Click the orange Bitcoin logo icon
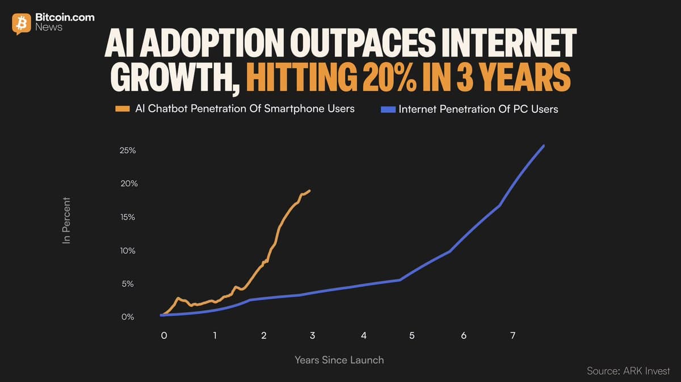22,23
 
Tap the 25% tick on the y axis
127,151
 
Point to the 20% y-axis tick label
127,184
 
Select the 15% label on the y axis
127,217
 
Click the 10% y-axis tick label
127,250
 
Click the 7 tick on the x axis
512,335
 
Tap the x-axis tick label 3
312,335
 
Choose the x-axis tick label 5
412,335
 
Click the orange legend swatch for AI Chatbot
123,109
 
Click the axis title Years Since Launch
339,360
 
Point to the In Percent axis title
67,220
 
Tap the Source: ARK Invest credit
628,371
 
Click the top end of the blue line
544,146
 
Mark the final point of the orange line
310,191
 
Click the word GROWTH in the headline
170,78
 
